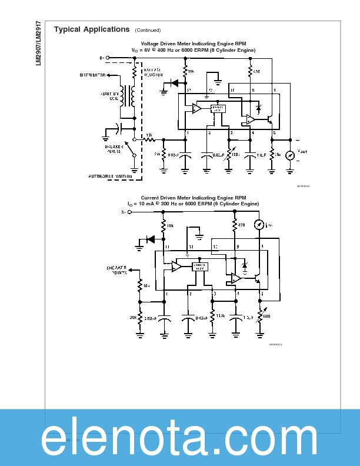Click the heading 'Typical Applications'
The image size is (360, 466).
click(91, 29)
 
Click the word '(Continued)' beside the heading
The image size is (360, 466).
click(148, 30)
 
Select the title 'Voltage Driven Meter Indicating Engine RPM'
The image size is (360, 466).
click(194, 44)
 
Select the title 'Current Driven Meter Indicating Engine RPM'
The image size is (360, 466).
click(194, 198)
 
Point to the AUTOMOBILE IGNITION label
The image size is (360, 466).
click(111, 177)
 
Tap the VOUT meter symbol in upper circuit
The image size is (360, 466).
click(289, 156)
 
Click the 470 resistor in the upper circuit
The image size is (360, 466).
click(250, 72)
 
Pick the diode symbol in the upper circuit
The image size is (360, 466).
click(175, 84)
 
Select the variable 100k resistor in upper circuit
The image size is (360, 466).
click(228, 155)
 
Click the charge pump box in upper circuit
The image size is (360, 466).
click(217, 109)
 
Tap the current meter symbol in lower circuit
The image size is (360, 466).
click(258, 224)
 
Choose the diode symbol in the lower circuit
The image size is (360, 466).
click(151, 239)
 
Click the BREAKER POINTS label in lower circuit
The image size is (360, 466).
click(116, 270)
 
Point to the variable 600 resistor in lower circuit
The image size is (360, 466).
click(260, 318)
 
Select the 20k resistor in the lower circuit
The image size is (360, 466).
click(140, 318)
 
